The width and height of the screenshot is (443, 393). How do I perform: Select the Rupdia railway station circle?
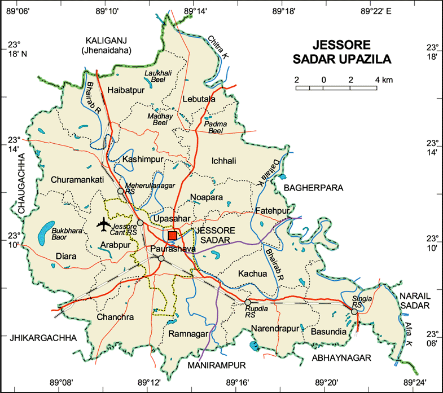coord(248,303)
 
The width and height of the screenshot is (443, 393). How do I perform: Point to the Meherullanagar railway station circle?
coord(120,192)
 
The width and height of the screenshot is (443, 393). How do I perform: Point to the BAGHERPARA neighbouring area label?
coord(314,187)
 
